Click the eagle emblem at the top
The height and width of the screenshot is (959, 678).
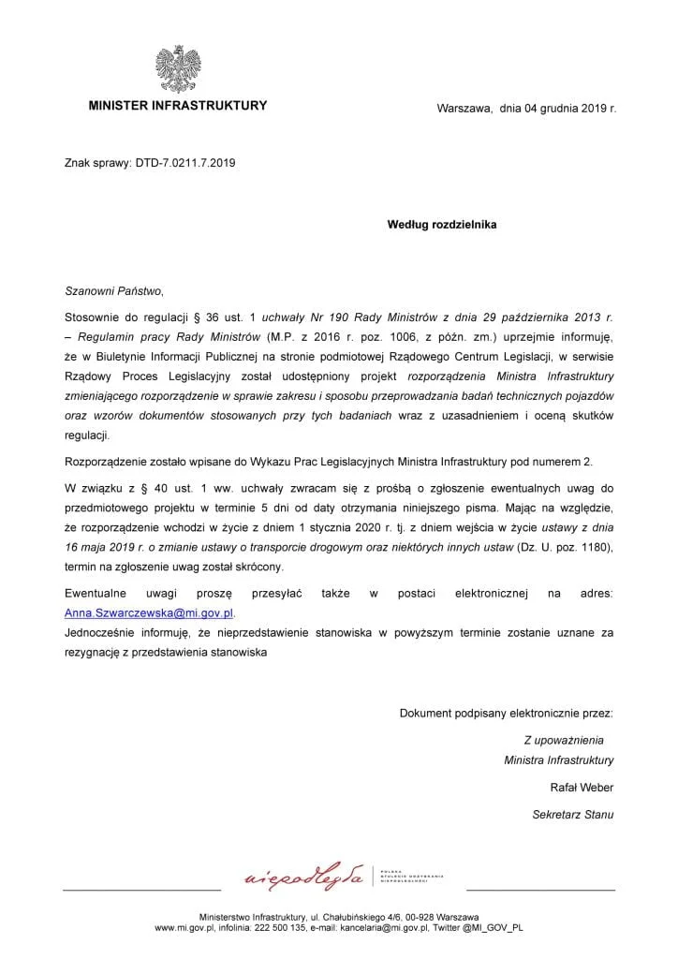[x=178, y=68]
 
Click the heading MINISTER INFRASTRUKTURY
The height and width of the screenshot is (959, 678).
[x=178, y=106]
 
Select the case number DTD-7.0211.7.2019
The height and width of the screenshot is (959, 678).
[x=184, y=163]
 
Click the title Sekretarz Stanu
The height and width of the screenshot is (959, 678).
[x=573, y=814]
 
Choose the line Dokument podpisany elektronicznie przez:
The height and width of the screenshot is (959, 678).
[x=507, y=714]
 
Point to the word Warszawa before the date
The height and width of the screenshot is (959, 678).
[x=464, y=109]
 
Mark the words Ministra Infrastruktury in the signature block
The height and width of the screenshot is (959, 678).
[x=559, y=759]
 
